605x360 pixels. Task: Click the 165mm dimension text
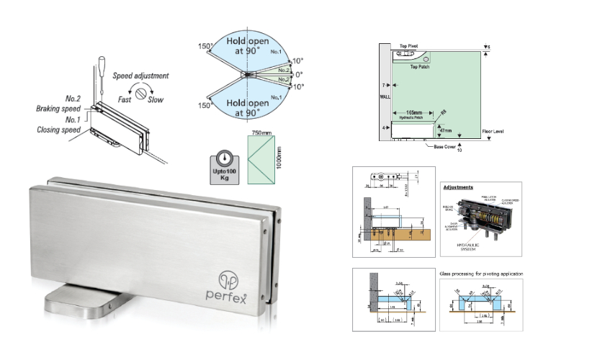point(413,112)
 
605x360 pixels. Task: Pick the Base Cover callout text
point(442,146)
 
